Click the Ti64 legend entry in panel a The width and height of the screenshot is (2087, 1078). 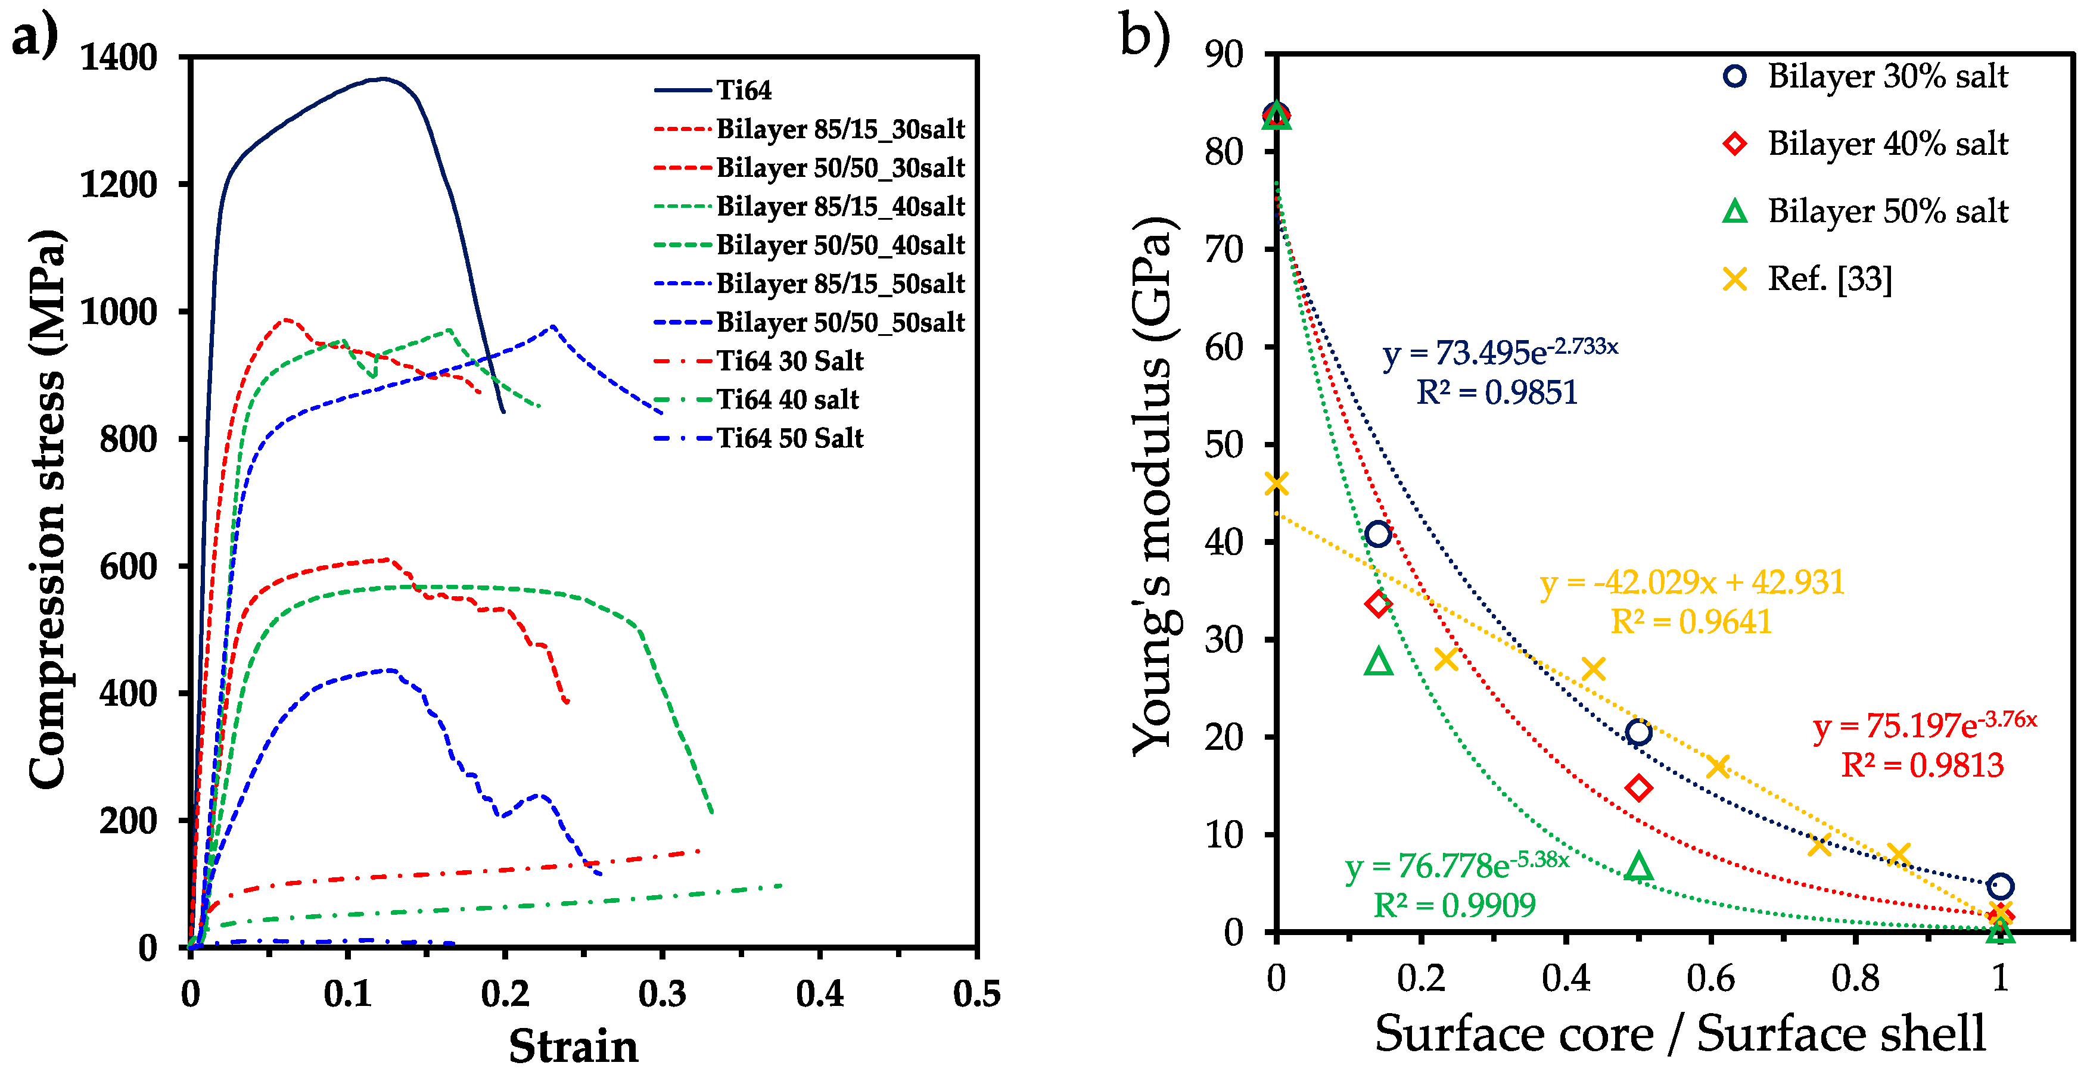pyautogui.click(x=743, y=90)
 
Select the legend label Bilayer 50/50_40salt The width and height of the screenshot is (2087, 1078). pyautogui.click(x=840, y=245)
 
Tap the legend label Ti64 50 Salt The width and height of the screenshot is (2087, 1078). pyautogui.click(x=790, y=438)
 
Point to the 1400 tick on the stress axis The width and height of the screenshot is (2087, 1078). pyautogui.click(x=119, y=58)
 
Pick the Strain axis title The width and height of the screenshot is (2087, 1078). pyautogui.click(x=573, y=1046)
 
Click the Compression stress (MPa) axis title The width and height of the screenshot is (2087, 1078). pyautogui.click(x=46, y=509)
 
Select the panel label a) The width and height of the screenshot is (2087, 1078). pyautogui.click(x=35, y=36)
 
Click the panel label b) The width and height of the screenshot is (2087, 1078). pyautogui.click(x=1144, y=36)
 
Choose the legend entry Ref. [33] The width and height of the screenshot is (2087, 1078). pyautogui.click(x=1830, y=279)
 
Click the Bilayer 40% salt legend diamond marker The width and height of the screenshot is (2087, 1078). pyautogui.click(x=1734, y=144)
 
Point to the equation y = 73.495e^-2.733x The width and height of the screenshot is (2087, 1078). pyautogui.click(x=1500, y=351)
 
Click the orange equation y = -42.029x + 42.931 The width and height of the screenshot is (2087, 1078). pyautogui.click(x=1691, y=582)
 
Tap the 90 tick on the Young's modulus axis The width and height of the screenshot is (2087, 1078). pyautogui.click(x=1223, y=54)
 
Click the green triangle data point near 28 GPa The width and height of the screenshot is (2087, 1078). pyautogui.click(x=1378, y=662)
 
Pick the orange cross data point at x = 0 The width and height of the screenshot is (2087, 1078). pyautogui.click(x=1276, y=484)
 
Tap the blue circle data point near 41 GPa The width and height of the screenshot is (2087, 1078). pyautogui.click(x=1378, y=534)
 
